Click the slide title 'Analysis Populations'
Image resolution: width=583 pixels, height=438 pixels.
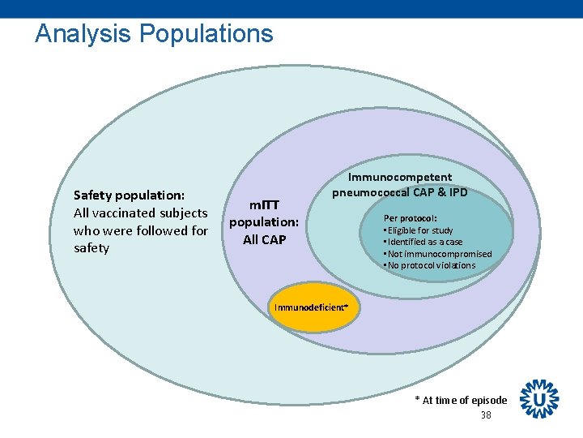(x=154, y=34)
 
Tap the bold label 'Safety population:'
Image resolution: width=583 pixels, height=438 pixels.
(x=129, y=195)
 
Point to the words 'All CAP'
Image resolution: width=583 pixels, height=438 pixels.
(x=264, y=240)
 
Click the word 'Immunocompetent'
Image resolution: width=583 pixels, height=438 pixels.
(x=400, y=177)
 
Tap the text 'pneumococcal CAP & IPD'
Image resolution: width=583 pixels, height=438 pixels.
(x=400, y=193)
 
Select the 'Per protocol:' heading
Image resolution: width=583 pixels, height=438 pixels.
(x=411, y=218)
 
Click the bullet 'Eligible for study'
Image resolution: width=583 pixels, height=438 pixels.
(x=419, y=230)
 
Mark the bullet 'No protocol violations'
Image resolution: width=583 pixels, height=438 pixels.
(x=431, y=265)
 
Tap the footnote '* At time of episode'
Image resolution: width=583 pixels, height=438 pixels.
(x=461, y=400)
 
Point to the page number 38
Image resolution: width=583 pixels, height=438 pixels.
(x=486, y=415)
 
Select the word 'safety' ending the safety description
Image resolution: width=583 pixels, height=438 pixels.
(x=91, y=248)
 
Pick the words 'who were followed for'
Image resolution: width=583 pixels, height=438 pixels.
(x=140, y=230)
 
